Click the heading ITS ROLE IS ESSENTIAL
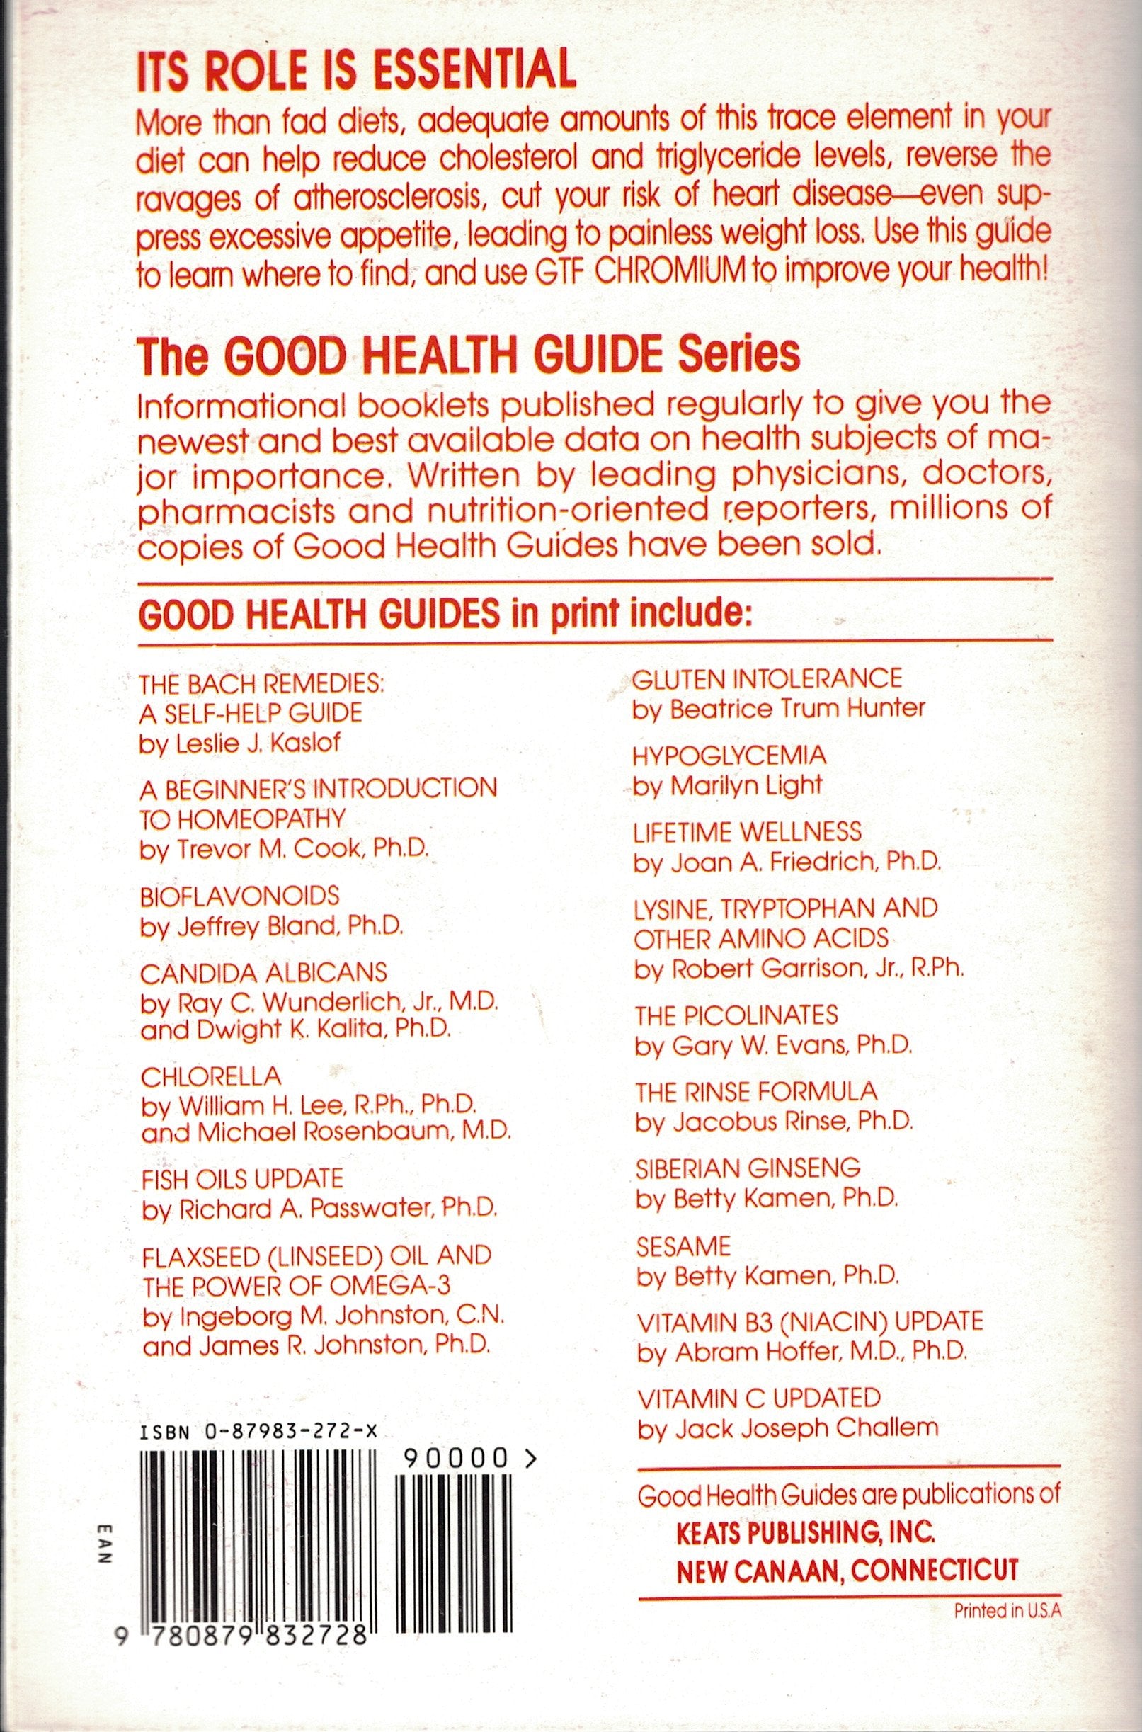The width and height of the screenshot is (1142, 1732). point(357,74)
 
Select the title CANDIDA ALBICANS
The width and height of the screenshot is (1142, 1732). point(263,972)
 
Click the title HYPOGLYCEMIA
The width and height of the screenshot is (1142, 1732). point(730,755)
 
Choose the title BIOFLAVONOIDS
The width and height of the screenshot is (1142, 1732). point(239,894)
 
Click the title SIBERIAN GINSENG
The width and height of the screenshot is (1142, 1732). point(747,1168)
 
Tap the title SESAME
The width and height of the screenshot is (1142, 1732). point(683,1246)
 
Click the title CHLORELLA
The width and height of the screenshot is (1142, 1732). point(211,1075)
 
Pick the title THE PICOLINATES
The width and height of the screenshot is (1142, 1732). point(736,1015)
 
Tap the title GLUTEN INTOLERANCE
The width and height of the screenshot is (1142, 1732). point(766,678)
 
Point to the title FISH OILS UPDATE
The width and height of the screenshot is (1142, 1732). point(242,1178)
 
